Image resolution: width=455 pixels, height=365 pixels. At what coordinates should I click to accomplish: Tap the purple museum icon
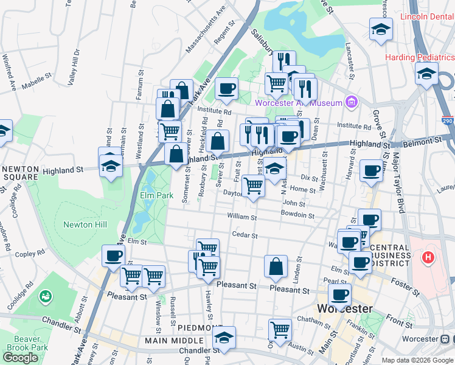coord(350,101)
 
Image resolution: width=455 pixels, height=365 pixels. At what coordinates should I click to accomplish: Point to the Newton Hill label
coord(85,224)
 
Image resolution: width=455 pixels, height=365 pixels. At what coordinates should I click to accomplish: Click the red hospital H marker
coord(429,257)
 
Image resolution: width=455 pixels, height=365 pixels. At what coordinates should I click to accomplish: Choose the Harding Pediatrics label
coord(419,58)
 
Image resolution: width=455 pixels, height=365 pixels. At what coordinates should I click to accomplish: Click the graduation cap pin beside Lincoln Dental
coord(381,29)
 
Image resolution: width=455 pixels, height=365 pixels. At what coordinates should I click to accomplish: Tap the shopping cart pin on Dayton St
coord(253,186)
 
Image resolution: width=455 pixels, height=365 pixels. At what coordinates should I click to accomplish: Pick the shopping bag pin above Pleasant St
coord(276,266)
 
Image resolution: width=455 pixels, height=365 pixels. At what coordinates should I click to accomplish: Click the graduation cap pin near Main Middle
coord(224,338)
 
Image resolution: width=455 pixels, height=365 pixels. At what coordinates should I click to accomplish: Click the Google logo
coord(20,357)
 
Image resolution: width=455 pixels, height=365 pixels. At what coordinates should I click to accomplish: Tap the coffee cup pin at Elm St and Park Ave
coord(113,257)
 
